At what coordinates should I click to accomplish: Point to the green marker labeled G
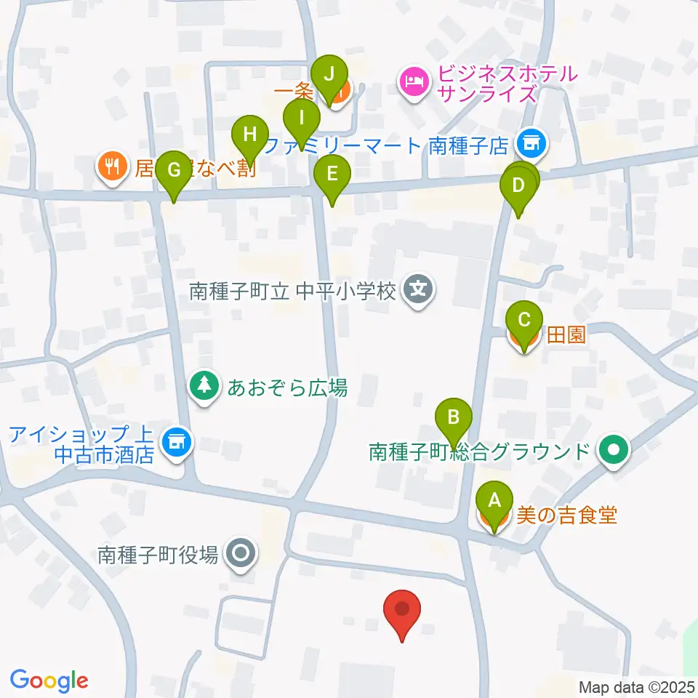point(173,170)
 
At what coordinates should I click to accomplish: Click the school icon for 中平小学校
point(418,292)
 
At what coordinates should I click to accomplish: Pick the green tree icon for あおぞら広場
point(204,387)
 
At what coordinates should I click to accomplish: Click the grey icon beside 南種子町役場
point(240,555)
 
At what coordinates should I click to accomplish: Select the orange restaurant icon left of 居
point(111,168)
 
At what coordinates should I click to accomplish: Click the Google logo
point(49,681)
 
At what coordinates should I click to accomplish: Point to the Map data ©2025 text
point(635,686)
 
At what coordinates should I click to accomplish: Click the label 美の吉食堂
point(566,516)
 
